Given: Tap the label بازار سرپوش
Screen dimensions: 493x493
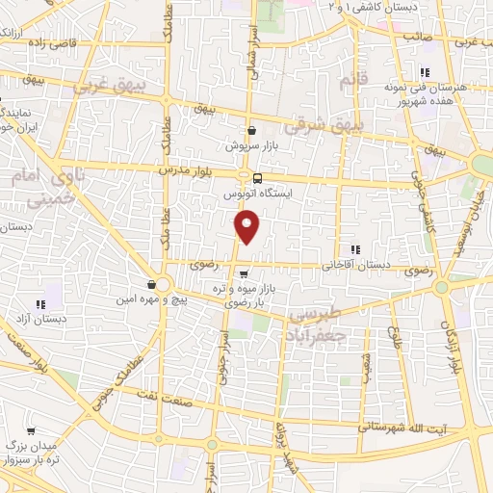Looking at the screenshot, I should point(251,146).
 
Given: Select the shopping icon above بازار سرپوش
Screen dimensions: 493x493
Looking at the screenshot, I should point(251,131).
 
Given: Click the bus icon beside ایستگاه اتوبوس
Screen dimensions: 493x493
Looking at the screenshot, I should point(256,177).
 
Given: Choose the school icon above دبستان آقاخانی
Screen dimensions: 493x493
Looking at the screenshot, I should point(355,249).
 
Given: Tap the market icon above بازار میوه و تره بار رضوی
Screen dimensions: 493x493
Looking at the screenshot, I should point(243,273).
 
